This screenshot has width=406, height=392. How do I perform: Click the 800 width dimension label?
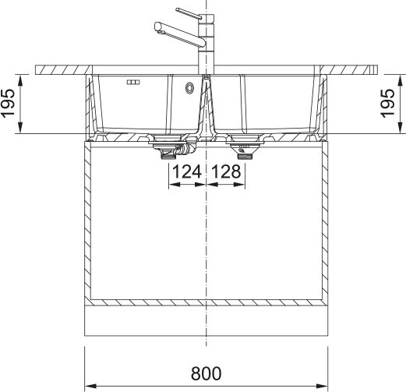pos(206,373)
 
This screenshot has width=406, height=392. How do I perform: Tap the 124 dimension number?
pos(187,171)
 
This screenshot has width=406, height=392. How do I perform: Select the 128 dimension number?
pos(226,171)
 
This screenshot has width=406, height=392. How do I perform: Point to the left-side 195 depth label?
pos(9,104)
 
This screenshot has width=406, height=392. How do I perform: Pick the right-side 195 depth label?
pos(387,104)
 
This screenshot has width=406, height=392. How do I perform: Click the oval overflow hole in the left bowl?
pos(189,88)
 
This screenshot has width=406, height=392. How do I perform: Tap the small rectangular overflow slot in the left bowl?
pos(133,83)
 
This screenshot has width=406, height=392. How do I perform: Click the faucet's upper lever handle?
pos(189,13)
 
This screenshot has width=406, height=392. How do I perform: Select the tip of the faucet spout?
pos(157,26)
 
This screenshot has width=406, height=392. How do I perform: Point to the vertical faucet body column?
pos(207,44)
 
